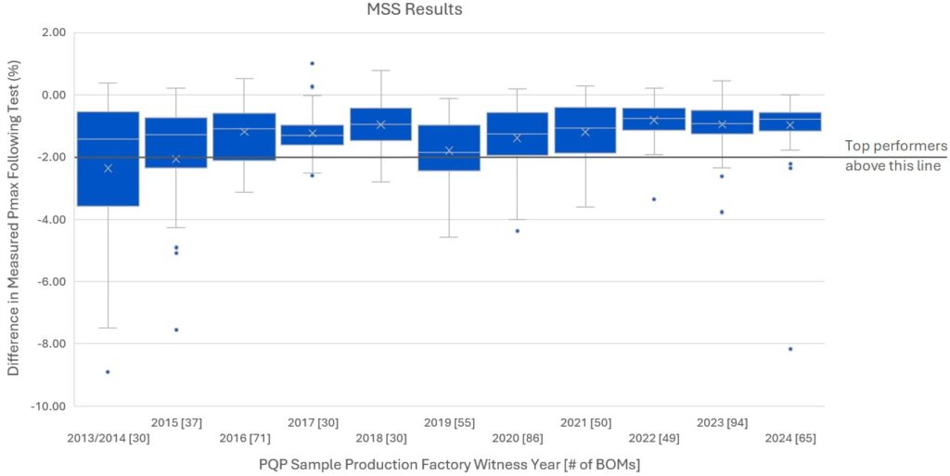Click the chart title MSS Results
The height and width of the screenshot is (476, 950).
tap(401, 10)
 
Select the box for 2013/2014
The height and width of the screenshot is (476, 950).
tap(108, 159)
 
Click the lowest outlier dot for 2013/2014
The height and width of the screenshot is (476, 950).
tap(108, 372)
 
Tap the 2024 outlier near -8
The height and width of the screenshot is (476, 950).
tap(790, 349)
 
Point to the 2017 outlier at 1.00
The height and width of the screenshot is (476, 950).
tap(312, 64)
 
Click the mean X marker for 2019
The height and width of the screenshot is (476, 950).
tap(449, 150)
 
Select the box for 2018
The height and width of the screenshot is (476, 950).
tap(380, 124)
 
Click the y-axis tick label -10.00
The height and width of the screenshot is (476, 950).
tap(46, 406)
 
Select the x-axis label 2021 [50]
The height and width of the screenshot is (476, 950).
tap(585, 422)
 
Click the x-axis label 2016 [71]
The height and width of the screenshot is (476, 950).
tap(244, 438)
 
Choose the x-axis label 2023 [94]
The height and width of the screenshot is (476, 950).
tap(722, 422)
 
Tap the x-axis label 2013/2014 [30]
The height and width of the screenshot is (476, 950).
tap(108, 438)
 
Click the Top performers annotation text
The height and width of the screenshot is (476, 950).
tap(895, 156)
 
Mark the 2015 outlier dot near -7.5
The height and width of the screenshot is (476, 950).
tap(176, 330)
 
